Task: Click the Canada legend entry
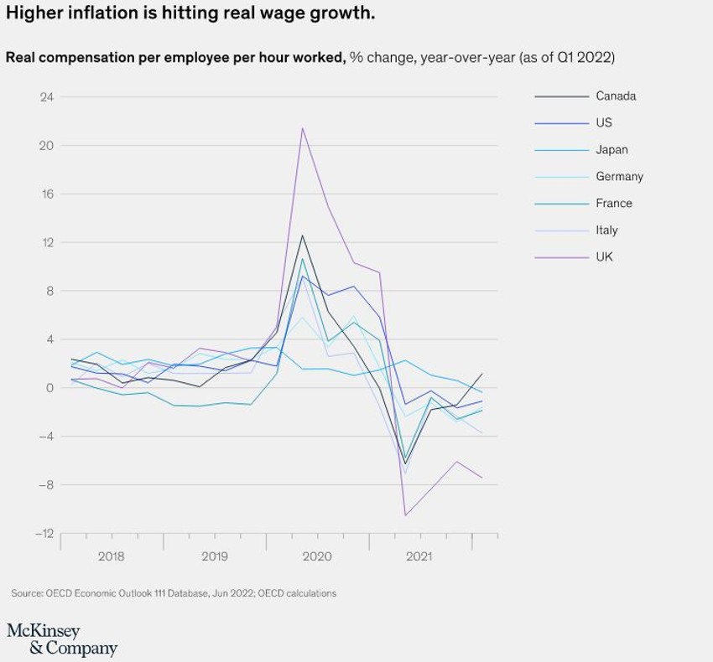click(x=616, y=96)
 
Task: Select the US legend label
click(x=604, y=123)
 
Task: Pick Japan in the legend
click(x=612, y=150)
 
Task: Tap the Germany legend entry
click(x=619, y=177)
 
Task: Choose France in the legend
click(x=614, y=204)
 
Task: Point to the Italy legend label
click(x=606, y=230)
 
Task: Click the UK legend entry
click(x=604, y=257)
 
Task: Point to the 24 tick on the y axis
click(x=46, y=97)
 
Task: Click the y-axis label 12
click(x=47, y=243)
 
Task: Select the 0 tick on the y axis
click(x=49, y=388)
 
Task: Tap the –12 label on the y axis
click(x=44, y=534)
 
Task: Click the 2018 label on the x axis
click(x=112, y=556)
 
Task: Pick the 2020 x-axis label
click(x=317, y=556)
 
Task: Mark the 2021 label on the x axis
click(x=419, y=556)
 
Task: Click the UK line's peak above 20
click(x=302, y=128)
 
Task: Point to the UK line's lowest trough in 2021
click(x=405, y=515)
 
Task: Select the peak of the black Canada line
click(x=302, y=235)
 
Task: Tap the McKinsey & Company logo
click(x=62, y=639)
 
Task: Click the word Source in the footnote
click(x=27, y=593)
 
